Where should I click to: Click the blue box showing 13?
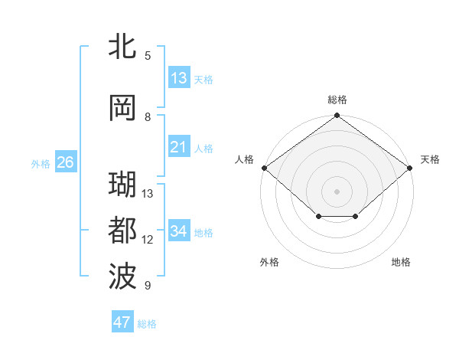[x=179, y=78]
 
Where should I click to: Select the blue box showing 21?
[x=179, y=147]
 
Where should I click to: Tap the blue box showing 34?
[x=179, y=231]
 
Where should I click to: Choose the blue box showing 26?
[x=65, y=162]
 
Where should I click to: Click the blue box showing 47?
[x=122, y=322]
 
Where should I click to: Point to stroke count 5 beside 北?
[x=148, y=55]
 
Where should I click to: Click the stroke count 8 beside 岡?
[x=148, y=117]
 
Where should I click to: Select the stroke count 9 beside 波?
[x=148, y=286]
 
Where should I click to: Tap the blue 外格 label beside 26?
[x=41, y=163]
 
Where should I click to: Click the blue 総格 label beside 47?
[x=147, y=324]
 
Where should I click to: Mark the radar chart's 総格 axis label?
[x=337, y=100]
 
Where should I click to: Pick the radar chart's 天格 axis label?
[x=431, y=159]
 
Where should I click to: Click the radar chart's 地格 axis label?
[x=401, y=262]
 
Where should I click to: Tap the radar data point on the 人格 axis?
[x=264, y=168]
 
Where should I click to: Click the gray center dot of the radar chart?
[x=337, y=191]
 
